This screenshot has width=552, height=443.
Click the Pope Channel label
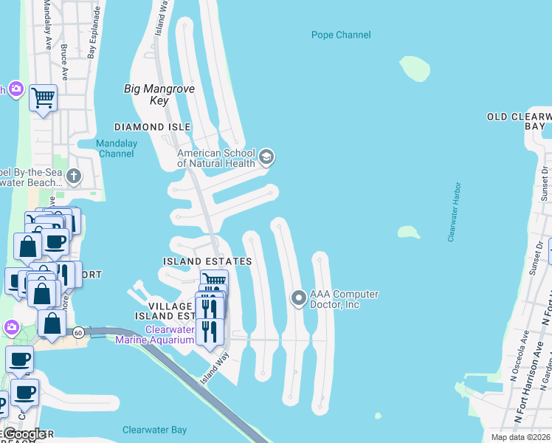coord(340,35)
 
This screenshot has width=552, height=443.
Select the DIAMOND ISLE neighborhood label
coord(148,127)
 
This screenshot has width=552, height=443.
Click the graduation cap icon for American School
coord(266,157)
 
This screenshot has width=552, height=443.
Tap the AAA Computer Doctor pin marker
coord(298,298)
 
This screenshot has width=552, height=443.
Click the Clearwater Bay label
coord(154,430)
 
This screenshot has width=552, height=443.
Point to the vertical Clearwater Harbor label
coord(454,212)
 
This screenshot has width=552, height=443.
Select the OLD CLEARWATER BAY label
coord(519,122)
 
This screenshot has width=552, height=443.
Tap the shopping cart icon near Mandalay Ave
coord(43,97)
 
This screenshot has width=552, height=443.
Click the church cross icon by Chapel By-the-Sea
coord(72,176)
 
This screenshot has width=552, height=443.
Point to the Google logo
coord(24,434)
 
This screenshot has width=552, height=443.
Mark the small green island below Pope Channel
coord(415,69)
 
